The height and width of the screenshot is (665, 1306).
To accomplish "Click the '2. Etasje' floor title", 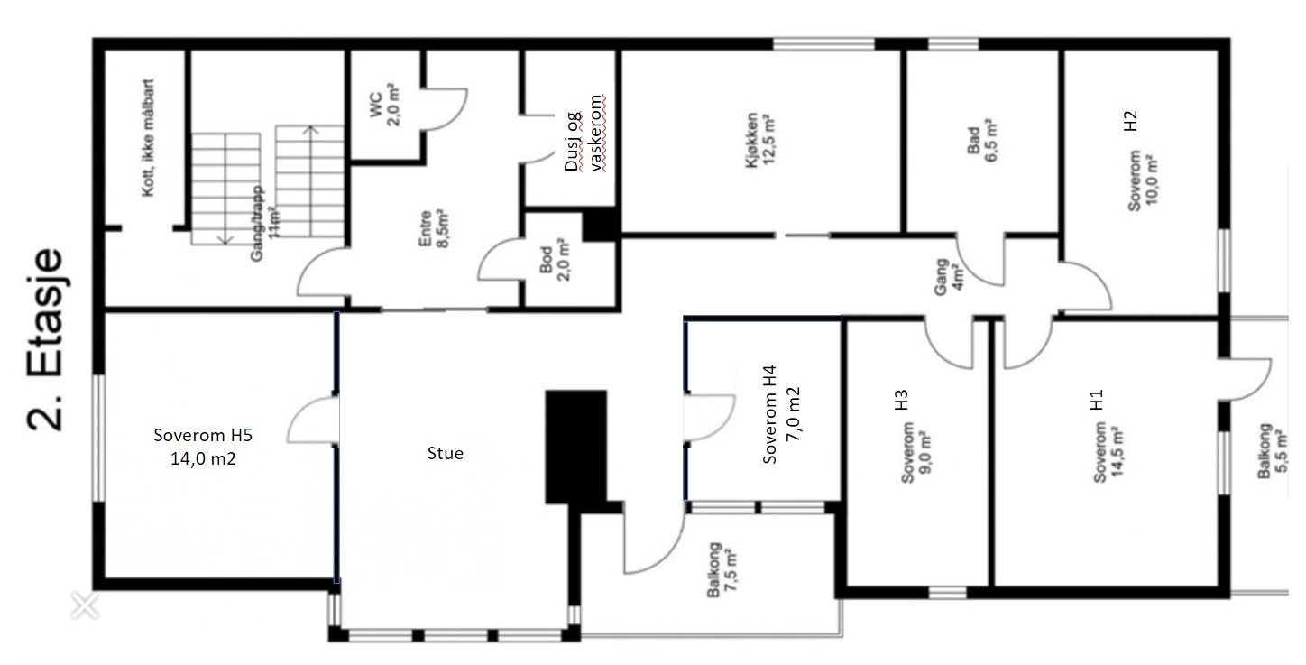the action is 45,340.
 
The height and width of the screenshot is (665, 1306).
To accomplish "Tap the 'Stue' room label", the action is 446,453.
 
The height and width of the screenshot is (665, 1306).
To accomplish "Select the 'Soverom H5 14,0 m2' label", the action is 203,447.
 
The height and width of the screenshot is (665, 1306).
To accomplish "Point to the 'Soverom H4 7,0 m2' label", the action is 782,414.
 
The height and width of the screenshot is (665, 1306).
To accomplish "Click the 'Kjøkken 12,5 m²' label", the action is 760,140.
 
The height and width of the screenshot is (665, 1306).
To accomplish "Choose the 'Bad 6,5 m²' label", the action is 982,141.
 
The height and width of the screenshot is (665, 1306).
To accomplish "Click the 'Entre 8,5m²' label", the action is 434,228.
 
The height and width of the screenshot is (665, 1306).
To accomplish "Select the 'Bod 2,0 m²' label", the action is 555,260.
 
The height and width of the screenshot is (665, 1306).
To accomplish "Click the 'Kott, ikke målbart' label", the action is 148,138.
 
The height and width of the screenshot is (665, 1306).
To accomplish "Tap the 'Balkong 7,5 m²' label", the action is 722,570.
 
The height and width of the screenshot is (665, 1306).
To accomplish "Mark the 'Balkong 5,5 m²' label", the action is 1272,451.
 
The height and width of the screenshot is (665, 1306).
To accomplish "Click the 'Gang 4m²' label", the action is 949,277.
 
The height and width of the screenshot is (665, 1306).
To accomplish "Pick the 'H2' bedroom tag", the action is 1129,121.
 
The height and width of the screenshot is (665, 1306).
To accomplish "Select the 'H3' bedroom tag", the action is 901,400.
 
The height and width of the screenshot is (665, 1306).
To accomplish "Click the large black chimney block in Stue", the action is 576,447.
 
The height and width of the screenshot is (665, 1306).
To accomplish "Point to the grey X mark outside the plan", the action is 85,605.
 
